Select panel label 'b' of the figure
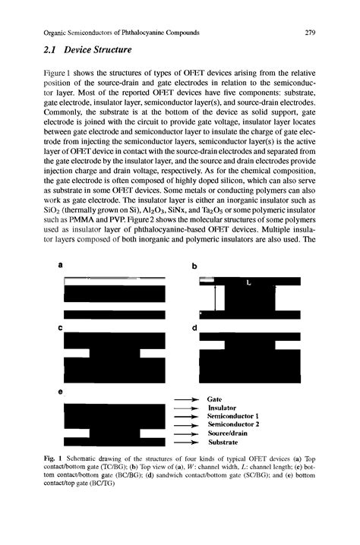pyautogui.click(x=194, y=268)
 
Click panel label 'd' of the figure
pyautogui.click(x=194, y=326)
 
